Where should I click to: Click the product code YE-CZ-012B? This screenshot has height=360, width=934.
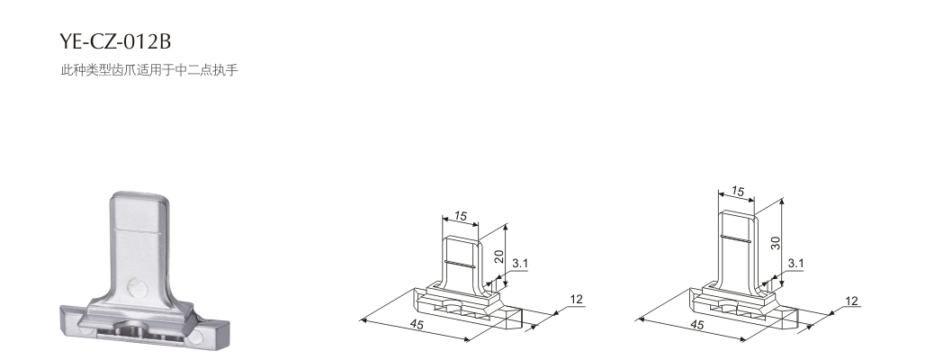pos(115,41)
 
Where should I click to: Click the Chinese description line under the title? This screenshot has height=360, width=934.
pos(148,69)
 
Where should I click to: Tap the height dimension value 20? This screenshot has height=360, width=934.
pos(499,256)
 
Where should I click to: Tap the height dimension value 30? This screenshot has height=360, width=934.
pos(776,243)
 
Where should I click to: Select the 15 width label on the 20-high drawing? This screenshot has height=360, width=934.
pos(461,216)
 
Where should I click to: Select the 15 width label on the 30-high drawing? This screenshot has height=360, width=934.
pos(738,192)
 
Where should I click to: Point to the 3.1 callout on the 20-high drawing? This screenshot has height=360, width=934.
pos(519,264)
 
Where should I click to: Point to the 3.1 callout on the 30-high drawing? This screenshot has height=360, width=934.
pos(795,264)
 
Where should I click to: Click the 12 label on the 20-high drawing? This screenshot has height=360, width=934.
pos(576,299)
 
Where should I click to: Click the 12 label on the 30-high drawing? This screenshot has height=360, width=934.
pos(852,301)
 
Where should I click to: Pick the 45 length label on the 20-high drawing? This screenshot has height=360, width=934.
pos(417,324)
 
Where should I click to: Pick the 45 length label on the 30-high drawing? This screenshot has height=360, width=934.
pos(696,325)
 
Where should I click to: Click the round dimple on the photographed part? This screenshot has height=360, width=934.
pos(138,289)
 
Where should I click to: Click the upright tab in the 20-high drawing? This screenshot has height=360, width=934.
pos(461,261)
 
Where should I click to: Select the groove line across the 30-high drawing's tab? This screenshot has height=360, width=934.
pos(734,239)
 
